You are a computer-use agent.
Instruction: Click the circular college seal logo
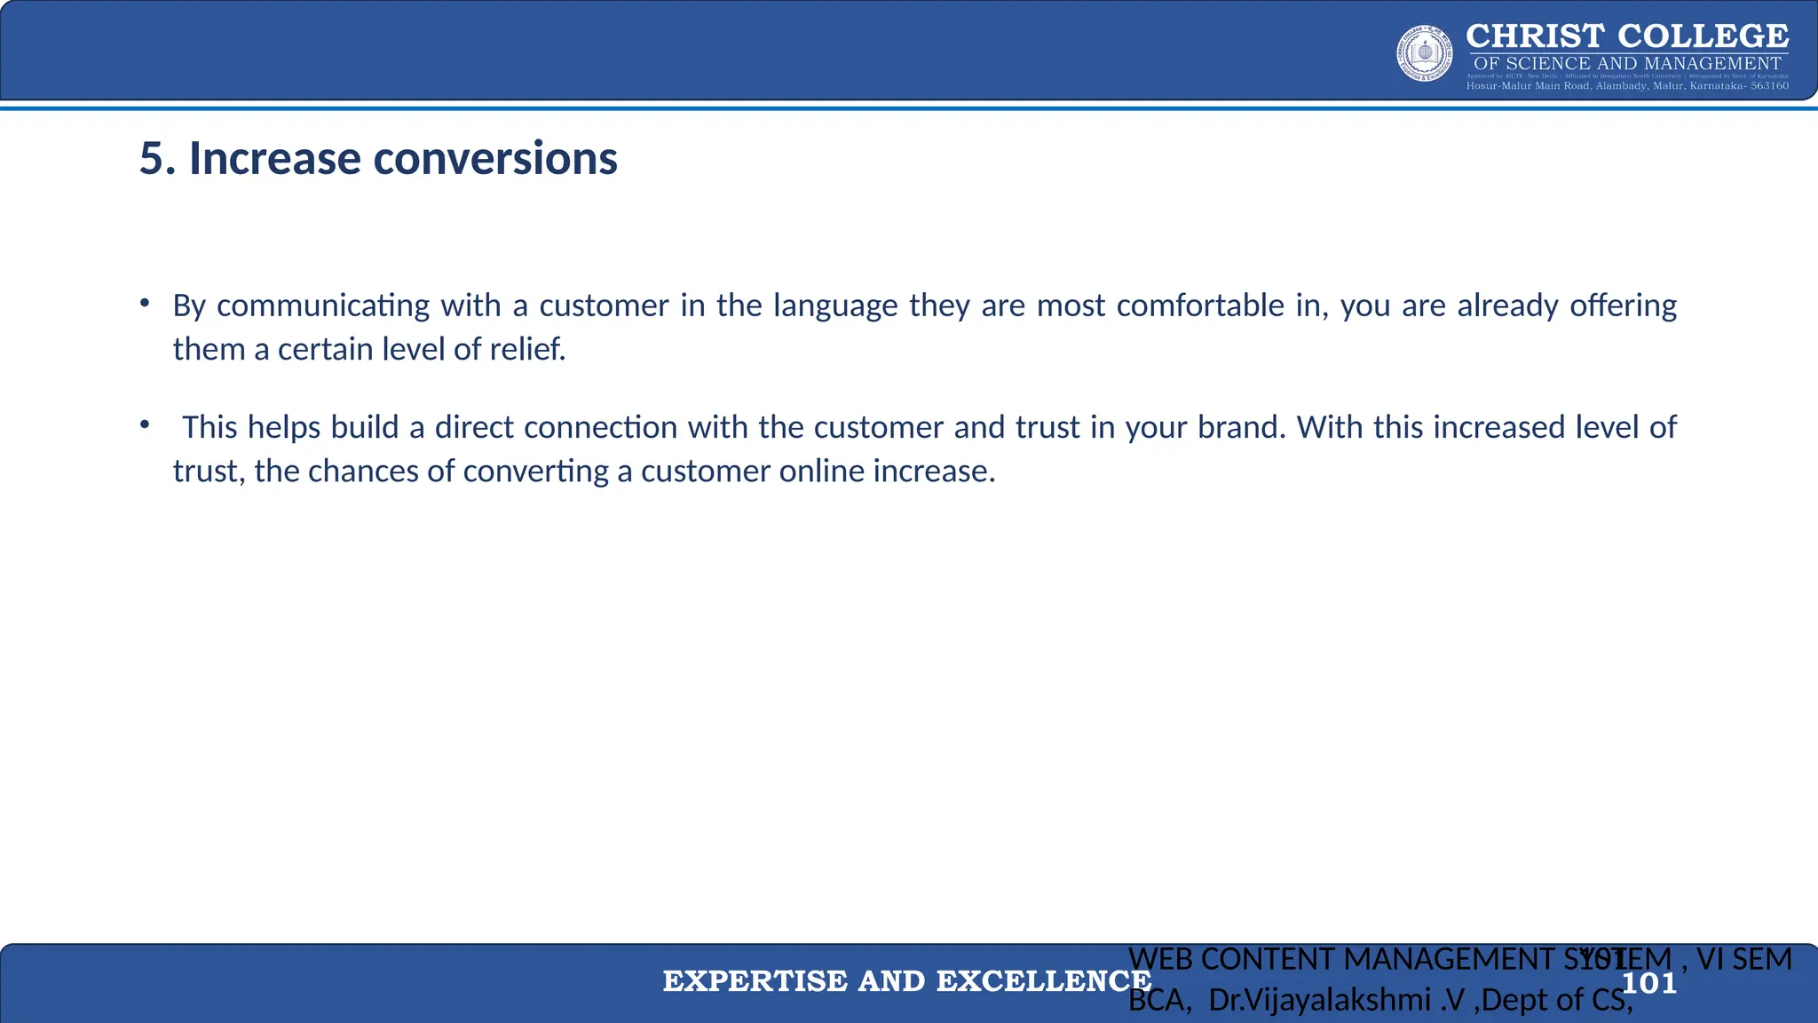pos(1425,53)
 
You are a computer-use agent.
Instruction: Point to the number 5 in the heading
pos(151,159)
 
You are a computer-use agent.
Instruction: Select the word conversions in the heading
pos(494,159)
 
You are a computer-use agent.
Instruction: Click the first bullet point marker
pos(144,304)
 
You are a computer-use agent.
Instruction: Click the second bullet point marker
pos(144,425)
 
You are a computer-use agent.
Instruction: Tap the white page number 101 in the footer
pos(1649,983)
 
